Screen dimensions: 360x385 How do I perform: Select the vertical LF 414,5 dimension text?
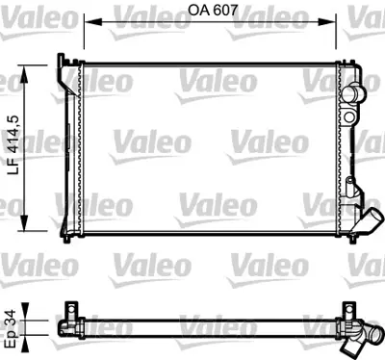pos(13,143)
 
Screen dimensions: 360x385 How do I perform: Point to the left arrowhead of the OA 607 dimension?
pos(89,19)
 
